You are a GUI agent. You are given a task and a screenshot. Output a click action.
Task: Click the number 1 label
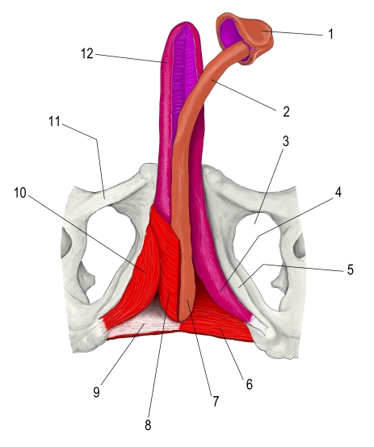click(x=330, y=34)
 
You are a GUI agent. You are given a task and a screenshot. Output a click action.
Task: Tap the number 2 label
click(x=286, y=111)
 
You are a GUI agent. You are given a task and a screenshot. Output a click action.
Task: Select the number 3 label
click(x=285, y=141)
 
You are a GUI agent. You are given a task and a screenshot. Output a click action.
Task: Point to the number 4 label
click(x=338, y=192)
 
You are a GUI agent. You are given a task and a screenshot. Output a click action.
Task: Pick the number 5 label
click(x=351, y=269)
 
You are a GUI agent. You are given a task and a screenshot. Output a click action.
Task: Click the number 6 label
click(x=250, y=384)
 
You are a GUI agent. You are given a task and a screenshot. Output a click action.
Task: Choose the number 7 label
click(x=216, y=401)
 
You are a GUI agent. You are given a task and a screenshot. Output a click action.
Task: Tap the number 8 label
click(x=148, y=425)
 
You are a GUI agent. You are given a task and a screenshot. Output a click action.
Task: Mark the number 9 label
click(x=96, y=392)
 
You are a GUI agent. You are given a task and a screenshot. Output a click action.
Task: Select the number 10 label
click(x=20, y=193)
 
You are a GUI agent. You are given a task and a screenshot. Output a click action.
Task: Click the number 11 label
click(x=54, y=122)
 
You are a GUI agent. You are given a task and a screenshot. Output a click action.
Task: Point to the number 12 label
click(x=87, y=53)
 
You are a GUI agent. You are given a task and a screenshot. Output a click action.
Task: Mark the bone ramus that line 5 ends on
click(x=242, y=285)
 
